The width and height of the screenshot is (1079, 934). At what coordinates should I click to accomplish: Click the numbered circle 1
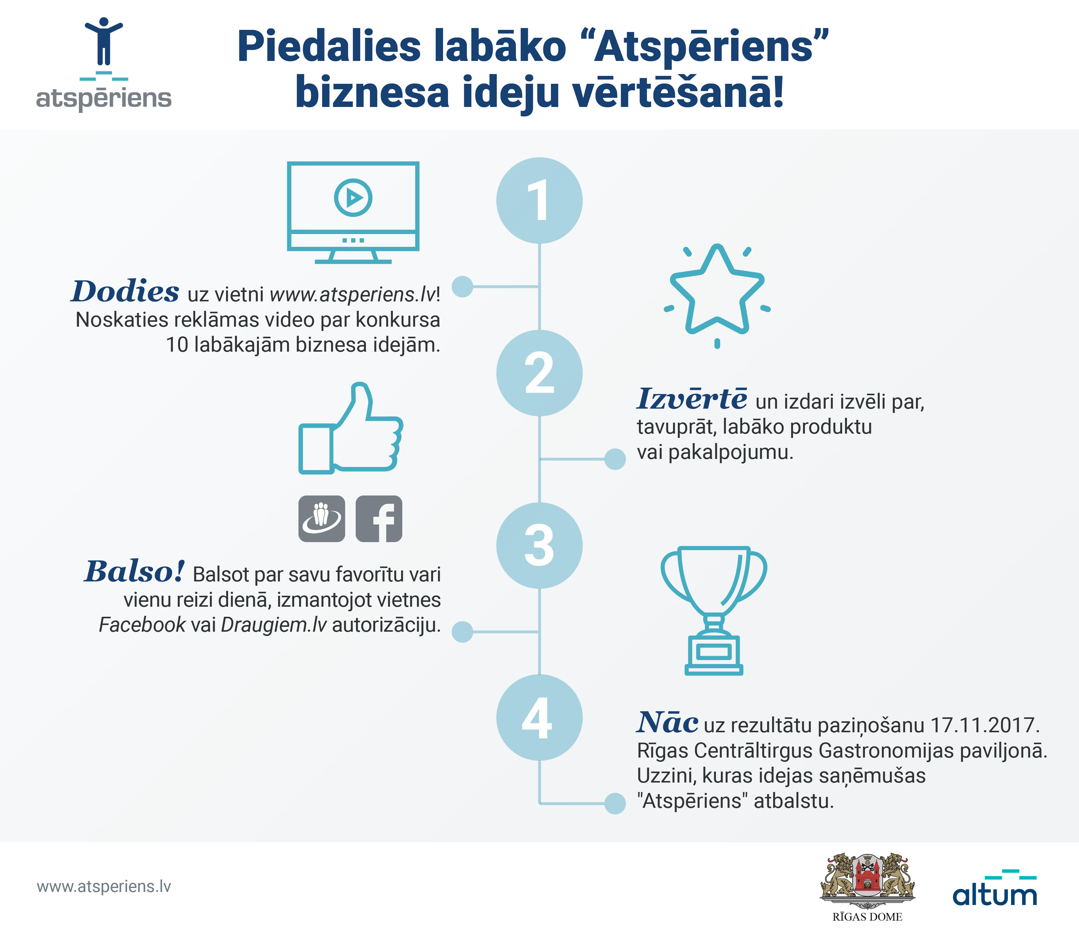539,201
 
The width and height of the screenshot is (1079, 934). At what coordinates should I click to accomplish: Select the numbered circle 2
539,373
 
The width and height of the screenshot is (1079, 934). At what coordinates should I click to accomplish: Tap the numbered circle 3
539,546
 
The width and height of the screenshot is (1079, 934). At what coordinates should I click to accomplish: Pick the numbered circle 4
539,718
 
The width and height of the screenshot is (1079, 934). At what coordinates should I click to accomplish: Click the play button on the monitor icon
353,197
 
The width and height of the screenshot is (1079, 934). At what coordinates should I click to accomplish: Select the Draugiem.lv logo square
321,519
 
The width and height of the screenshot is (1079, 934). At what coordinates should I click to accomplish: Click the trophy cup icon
714,611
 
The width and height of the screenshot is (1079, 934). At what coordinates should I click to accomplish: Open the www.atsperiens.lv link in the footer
104,886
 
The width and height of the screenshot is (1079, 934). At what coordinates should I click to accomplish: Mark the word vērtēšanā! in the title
678,92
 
